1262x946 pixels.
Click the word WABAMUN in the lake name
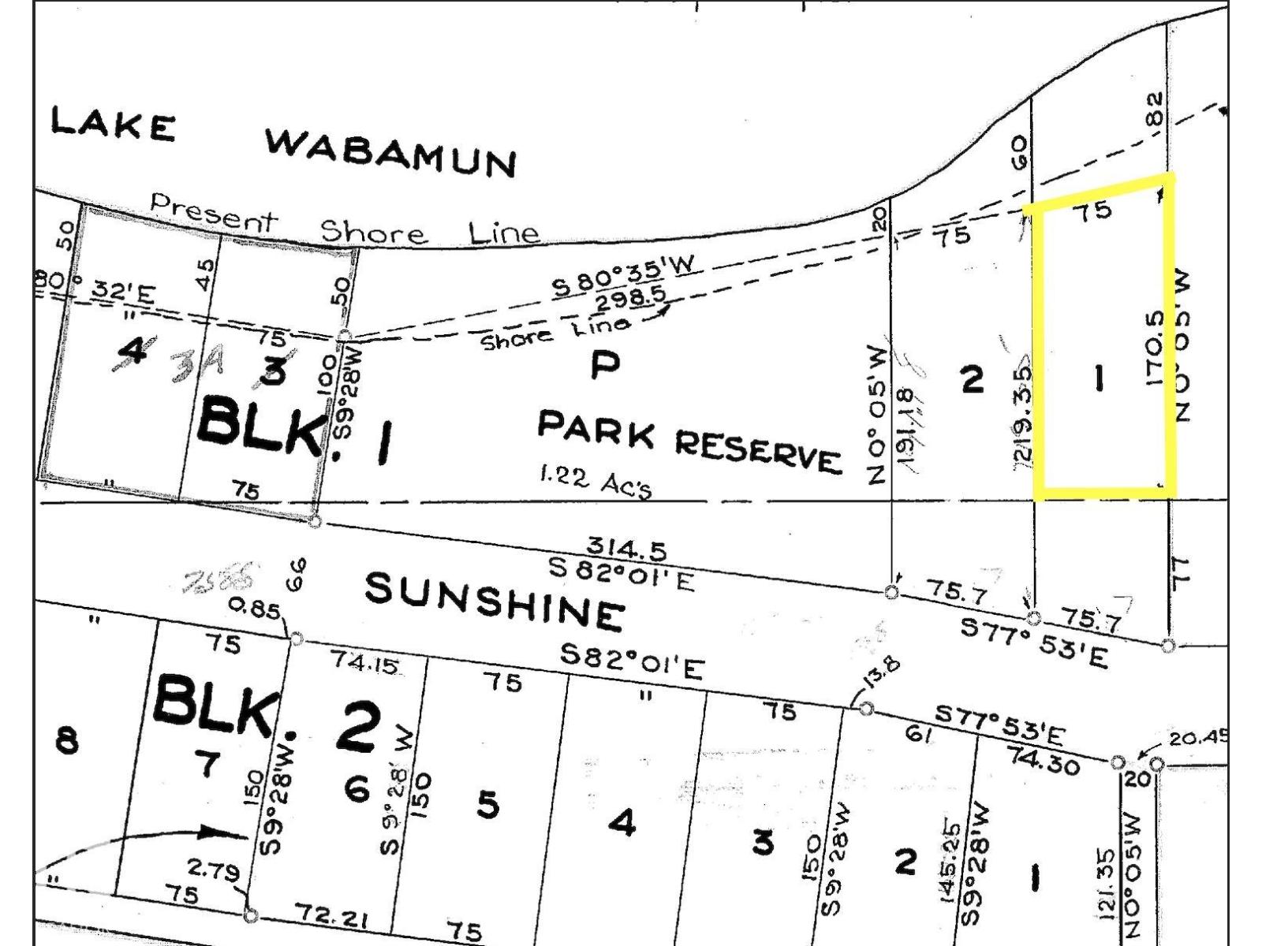pyautogui.click(x=391, y=152)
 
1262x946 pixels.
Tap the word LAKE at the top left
pyautogui.click(x=113, y=125)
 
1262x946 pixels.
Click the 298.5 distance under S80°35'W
pyautogui.click(x=630, y=299)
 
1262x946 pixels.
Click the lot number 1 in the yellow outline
pyautogui.click(x=1098, y=379)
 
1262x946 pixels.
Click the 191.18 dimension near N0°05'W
pyautogui.click(x=905, y=430)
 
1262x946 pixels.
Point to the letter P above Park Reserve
pyautogui.click(x=605, y=365)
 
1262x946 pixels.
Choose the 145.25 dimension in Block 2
pyautogui.click(x=950, y=861)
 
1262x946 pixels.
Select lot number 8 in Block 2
pyautogui.click(x=67, y=741)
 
